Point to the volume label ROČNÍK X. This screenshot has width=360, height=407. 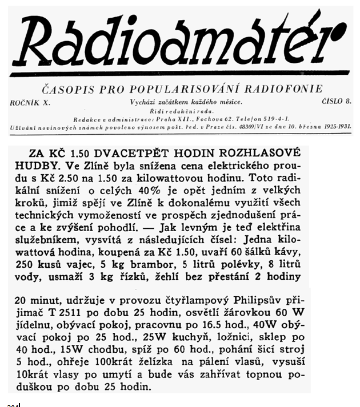pyautogui.click(x=31, y=101)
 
